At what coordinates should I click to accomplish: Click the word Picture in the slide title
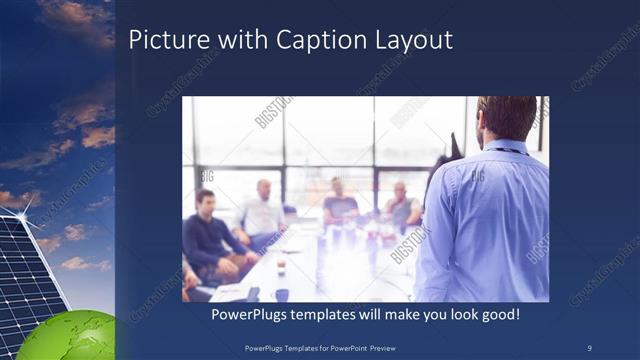point(165,40)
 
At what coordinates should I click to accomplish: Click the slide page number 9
point(589,347)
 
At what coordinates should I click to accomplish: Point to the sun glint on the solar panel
point(22,211)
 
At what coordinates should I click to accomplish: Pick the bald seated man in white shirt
point(262,210)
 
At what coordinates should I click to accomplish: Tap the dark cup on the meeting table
point(283,294)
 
